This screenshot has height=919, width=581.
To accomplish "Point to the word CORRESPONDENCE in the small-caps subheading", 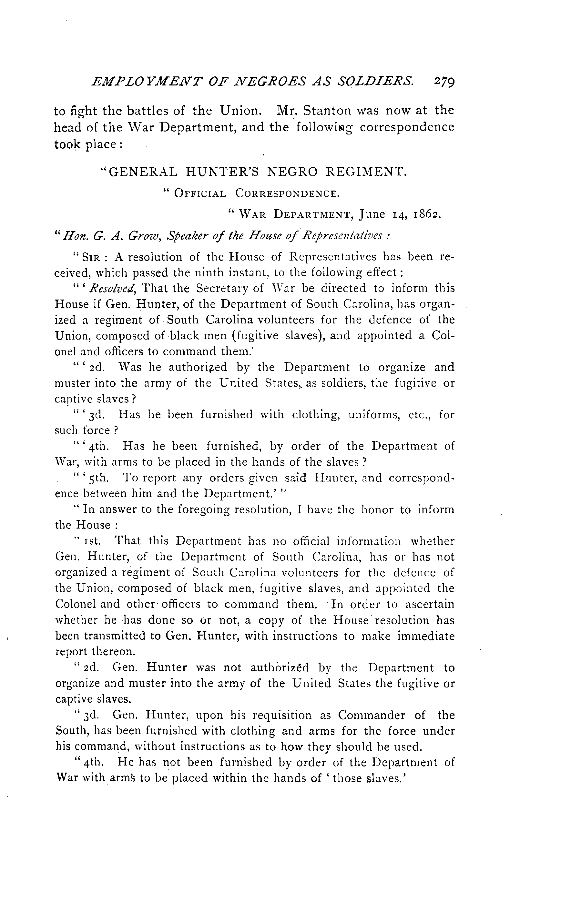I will point(287,194).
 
